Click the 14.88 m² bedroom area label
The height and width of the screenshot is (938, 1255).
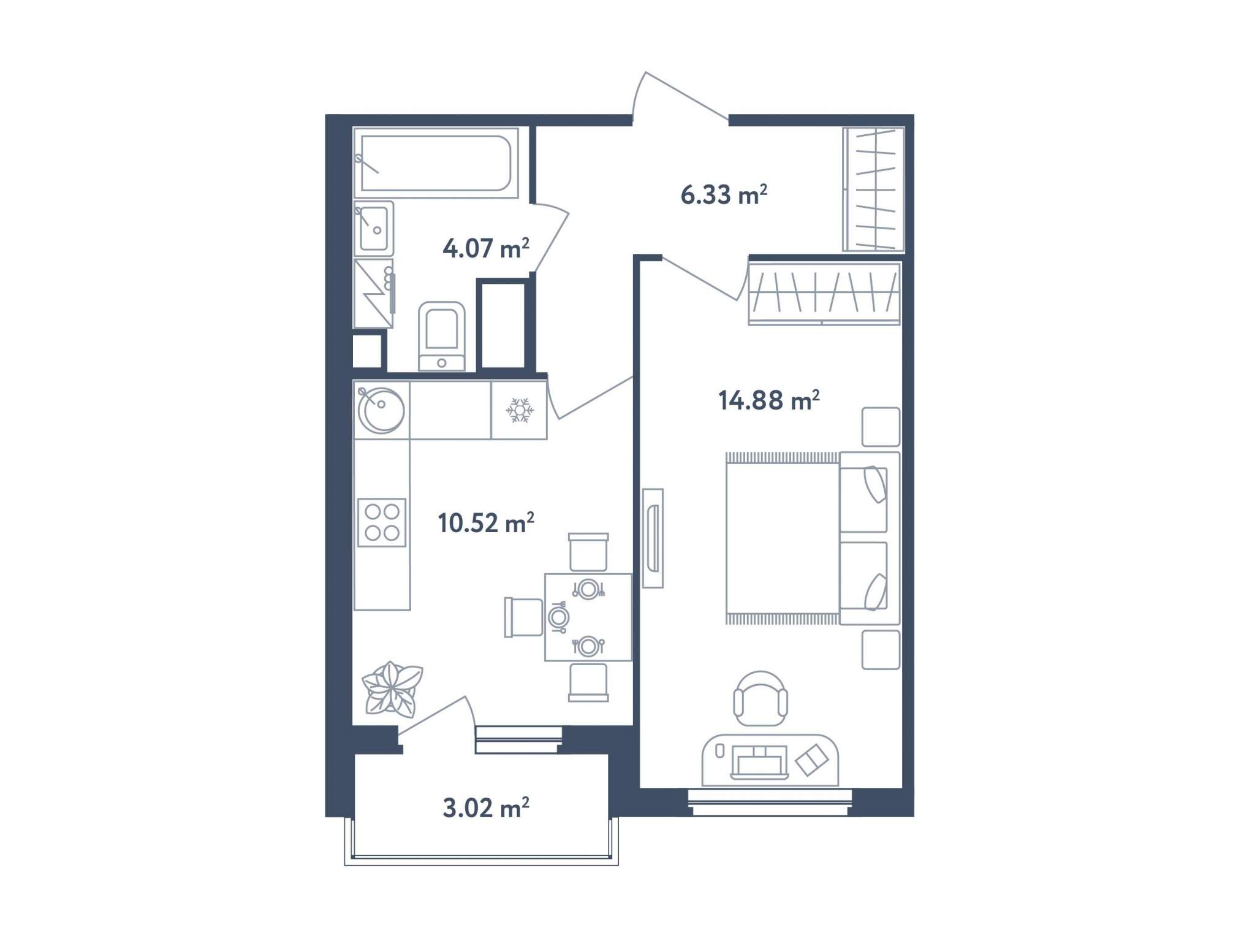(769, 400)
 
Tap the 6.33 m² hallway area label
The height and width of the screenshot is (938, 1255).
(724, 194)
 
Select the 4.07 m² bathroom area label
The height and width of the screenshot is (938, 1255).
(486, 248)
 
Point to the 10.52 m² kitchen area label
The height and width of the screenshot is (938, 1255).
(486, 523)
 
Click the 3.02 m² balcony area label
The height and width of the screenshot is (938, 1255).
(486, 808)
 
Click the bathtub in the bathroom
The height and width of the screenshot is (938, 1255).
(436, 163)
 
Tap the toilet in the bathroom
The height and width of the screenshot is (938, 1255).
(441, 337)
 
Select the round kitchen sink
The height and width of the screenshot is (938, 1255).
(381, 410)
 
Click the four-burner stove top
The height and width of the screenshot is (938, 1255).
(382, 522)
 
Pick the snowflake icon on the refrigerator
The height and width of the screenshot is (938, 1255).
(520, 410)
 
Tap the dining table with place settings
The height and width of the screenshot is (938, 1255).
(588, 617)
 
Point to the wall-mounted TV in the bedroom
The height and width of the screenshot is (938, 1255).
(653, 538)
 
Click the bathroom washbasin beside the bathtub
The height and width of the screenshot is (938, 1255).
(374, 229)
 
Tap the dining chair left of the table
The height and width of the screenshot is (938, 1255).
(523, 617)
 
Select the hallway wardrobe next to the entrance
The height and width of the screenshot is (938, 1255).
(873, 189)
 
